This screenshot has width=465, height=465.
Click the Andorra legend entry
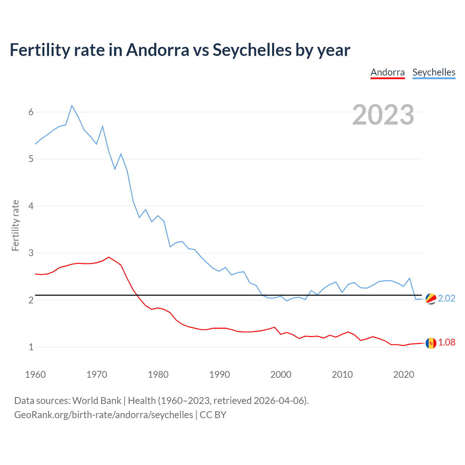pos(387,72)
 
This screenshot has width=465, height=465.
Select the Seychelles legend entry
pos(434,72)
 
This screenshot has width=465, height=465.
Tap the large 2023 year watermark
pos(383,115)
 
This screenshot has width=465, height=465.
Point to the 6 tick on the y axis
pos(31,112)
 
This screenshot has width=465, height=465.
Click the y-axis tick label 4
pos(31,206)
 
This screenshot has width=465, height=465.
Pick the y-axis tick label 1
pos(31,347)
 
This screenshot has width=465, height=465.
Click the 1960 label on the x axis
pos(35,375)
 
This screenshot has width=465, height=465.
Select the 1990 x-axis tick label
pos(219,375)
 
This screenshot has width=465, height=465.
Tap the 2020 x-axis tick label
pos(404,375)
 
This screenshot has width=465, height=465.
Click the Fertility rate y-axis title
pos(15,225)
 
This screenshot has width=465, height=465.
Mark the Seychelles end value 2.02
pos(446,298)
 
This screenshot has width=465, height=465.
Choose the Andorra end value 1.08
pos(446,342)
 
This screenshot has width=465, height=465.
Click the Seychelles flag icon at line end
pos(431,299)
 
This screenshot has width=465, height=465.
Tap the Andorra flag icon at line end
pos(431,343)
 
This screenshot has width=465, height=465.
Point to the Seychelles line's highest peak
pos(72,106)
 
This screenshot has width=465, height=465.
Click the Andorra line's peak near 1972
pos(109,257)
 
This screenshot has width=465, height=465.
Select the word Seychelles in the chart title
pos(252,50)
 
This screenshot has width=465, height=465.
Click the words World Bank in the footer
pos(97,400)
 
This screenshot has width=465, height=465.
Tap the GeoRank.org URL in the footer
pos(104,415)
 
